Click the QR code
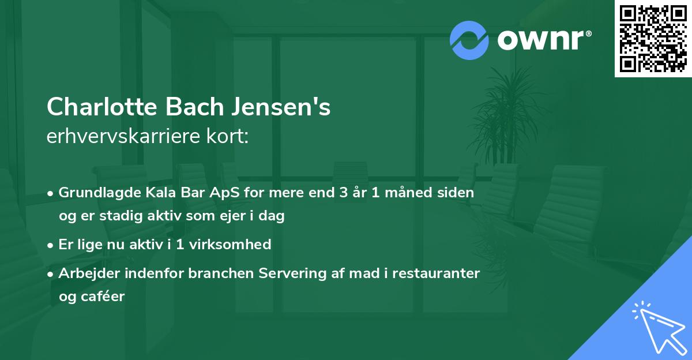653,39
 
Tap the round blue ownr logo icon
469,40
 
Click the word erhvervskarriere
123,137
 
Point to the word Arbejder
86,273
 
